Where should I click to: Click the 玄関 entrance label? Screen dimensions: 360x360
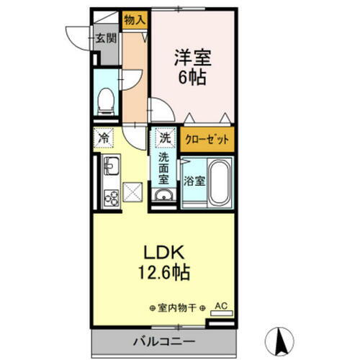click(106, 39)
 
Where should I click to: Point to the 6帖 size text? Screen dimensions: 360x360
click(192, 76)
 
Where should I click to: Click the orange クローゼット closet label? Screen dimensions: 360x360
click(207, 140)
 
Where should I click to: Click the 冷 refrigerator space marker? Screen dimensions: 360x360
click(104, 137)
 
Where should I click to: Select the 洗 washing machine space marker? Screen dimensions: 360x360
click(165, 136)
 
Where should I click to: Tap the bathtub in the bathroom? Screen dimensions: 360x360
click(220, 184)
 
